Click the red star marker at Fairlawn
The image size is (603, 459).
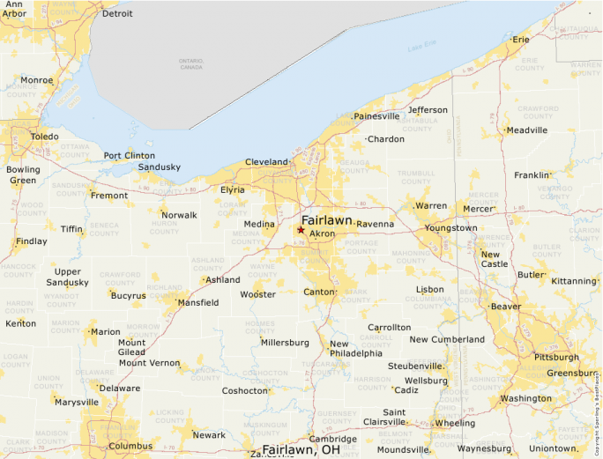(x=301, y=230)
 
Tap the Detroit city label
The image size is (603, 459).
(x=117, y=14)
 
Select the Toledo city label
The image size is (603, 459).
(x=45, y=137)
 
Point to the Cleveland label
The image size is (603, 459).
(x=266, y=162)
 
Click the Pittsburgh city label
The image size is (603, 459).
(x=557, y=357)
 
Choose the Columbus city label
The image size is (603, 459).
(x=130, y=446)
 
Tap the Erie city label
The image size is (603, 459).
(x=521, y=40)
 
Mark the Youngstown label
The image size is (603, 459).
(x=450, y=227)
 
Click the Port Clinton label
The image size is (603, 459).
(x=129, y=156)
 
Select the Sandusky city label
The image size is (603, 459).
(x=160, y=167)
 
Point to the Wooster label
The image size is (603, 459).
(x=257, y=294)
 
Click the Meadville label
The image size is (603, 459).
(x=527, y=130)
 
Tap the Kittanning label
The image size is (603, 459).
(x=573, y=281)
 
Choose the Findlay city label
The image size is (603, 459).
(x=32, y=241)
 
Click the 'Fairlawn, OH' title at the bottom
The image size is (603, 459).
(x=301, y=449)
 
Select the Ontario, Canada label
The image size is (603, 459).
(x=191, y=63)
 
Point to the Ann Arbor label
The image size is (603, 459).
(x=14, y=9)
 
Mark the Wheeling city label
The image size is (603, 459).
(x=455, y=423)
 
